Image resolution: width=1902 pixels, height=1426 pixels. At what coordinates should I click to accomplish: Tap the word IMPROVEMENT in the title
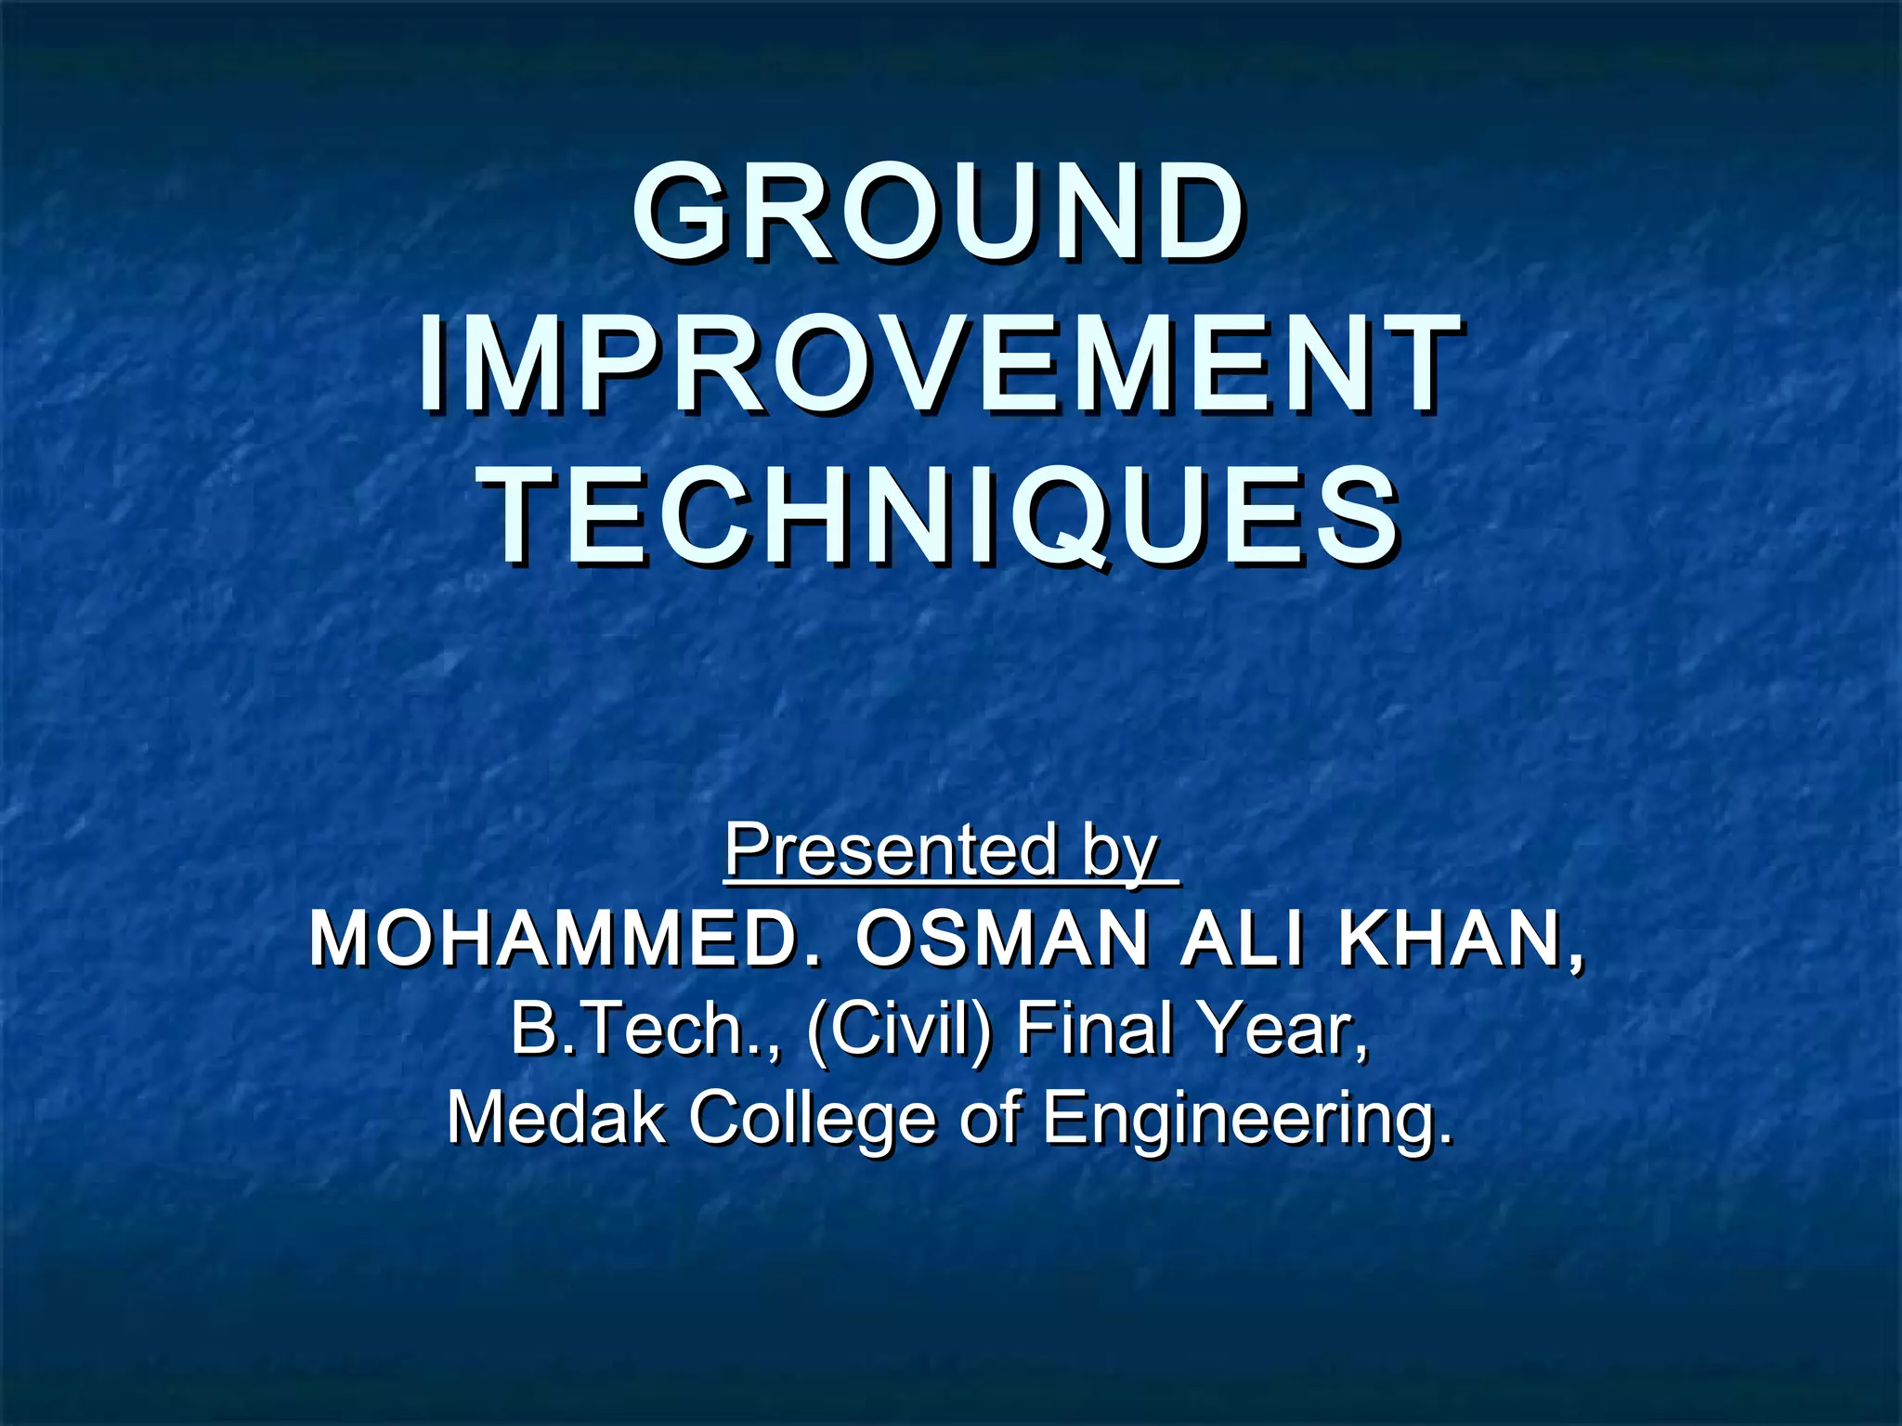pos(938,365)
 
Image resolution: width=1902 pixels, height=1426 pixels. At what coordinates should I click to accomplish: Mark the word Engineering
pos(1244,1120)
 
